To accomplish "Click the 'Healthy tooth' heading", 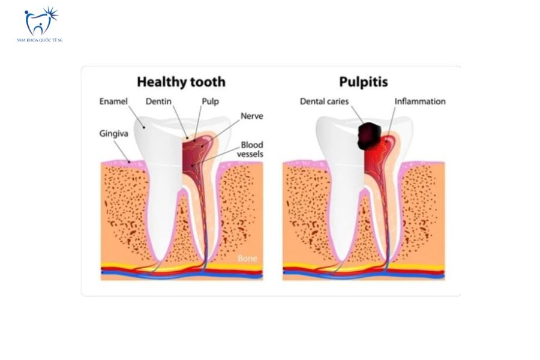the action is click(181, 82).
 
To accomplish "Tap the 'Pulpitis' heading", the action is click(364, 82).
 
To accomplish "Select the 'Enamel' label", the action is click(113, 101).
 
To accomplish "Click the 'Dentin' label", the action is click(158, 101).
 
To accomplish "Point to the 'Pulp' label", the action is click(210, 101).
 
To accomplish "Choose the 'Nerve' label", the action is click(252, 116).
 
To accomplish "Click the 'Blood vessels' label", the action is click(250, 149).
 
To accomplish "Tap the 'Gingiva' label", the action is click(113, 134).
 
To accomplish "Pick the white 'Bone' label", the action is click(247, 259).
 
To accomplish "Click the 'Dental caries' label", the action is click(325, 101).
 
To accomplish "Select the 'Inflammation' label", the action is click(420, 101).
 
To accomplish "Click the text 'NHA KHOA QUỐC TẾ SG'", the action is click(40, 40).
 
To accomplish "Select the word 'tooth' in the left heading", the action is click(208, 82).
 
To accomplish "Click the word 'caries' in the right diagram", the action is click(337, 101).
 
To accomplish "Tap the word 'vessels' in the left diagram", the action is click(250, 154).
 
